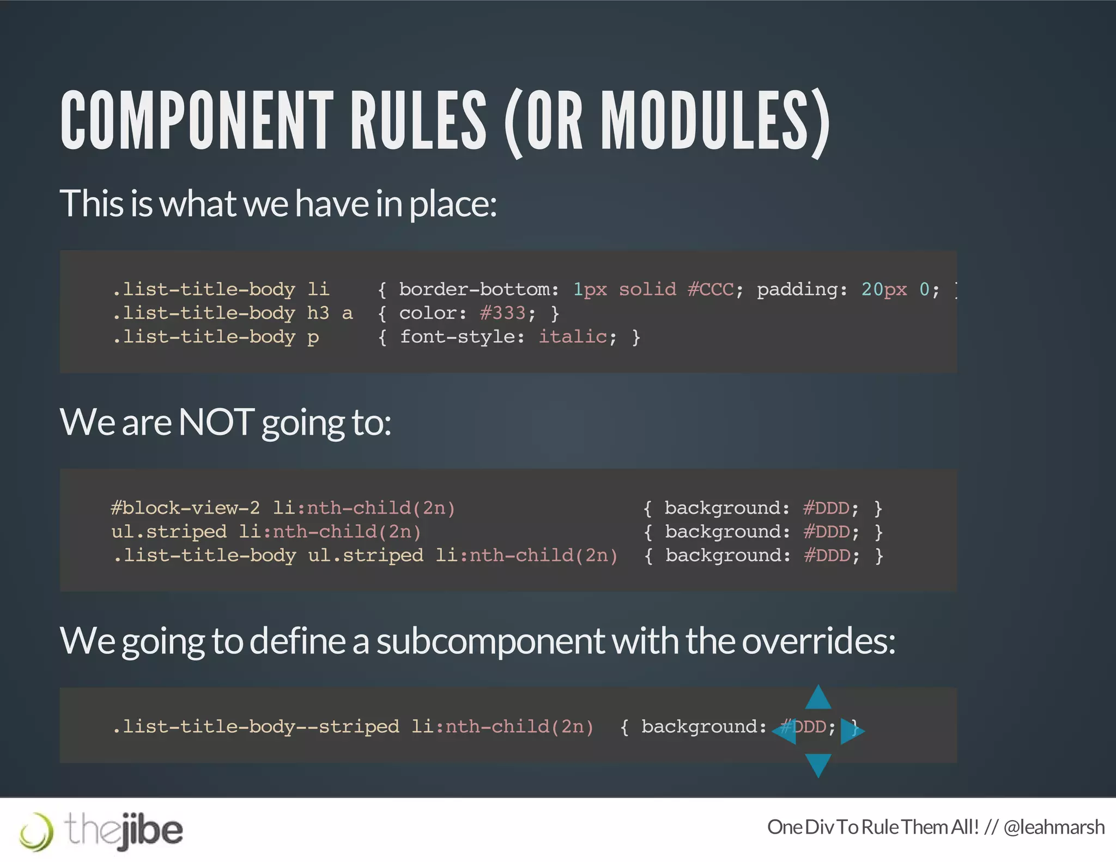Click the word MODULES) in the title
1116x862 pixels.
click(x=715, y=121)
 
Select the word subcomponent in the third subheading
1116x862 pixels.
click(x=490, y=641)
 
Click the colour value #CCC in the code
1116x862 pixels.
click(x=711, y=289)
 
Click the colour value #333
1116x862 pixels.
click(x=502, y=313)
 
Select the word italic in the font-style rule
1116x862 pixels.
click(x=572, y=337)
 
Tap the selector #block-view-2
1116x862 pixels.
click(x=185, y=508)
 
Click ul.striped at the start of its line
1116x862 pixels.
click(x=168, y=532)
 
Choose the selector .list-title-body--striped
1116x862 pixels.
click(x=255, y=727)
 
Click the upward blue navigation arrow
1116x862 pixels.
click(x=818, y=699)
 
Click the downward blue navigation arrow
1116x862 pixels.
click(x=818, y=764)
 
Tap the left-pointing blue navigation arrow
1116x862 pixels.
click(x=785, y=731)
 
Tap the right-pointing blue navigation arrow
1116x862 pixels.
click(x=851, y=731)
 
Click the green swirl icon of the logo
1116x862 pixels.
click(x=37, y=832)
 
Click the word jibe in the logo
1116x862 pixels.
click(x=150, y=831)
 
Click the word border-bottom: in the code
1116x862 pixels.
click(x=478, y=289)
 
